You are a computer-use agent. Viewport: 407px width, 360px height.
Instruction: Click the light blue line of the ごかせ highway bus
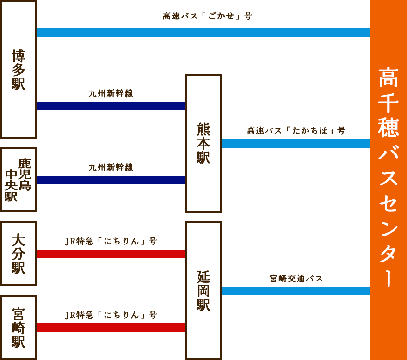coord(203,32)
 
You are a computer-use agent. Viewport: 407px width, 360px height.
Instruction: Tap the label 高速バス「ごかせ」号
coord(207,16)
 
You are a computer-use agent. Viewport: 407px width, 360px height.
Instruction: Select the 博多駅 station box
coord(18,69)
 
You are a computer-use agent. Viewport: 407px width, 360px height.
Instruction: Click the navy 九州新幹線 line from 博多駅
coord(111,106)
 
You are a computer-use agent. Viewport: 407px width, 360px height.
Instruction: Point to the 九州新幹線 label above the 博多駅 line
coord(111,93)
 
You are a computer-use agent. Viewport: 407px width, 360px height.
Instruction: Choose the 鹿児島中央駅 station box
coord(18,180)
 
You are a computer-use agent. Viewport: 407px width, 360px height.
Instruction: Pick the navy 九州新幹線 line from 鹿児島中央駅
coord(111,180)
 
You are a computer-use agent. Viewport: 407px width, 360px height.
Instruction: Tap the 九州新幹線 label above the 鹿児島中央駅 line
coord(111,167)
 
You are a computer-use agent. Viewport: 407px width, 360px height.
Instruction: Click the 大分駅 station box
coord(18,254)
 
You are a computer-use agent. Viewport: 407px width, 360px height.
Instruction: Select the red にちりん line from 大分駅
coord(111,254)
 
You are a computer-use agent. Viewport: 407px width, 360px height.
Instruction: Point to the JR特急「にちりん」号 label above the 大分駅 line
coord(111,241)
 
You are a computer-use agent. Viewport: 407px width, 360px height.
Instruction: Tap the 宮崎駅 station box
coord(18,327)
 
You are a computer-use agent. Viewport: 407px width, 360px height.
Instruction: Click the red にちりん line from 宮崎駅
coord(111,328)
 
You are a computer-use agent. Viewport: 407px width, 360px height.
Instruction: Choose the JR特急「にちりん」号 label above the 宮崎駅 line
coord(111,315)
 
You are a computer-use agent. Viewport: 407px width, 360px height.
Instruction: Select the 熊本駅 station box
coord(203,143)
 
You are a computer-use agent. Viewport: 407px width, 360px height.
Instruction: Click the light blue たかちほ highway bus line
coord(296,143)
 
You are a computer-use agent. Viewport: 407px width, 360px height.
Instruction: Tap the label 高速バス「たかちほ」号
coord(296,131)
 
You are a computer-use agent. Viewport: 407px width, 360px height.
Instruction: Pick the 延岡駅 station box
coord(203,290)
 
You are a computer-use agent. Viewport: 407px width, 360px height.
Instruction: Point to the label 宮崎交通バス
coord(296,279)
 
